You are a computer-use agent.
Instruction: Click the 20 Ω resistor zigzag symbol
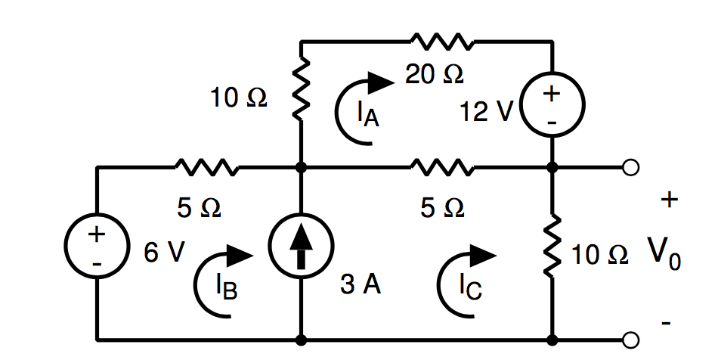(x=442, y=42)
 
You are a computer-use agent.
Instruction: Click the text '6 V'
(x=164, y=253)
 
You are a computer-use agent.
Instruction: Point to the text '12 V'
(x=486, y=111)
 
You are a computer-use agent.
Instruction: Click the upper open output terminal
(x=632, y=167)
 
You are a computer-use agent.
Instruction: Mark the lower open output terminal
(x=632, y=339)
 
